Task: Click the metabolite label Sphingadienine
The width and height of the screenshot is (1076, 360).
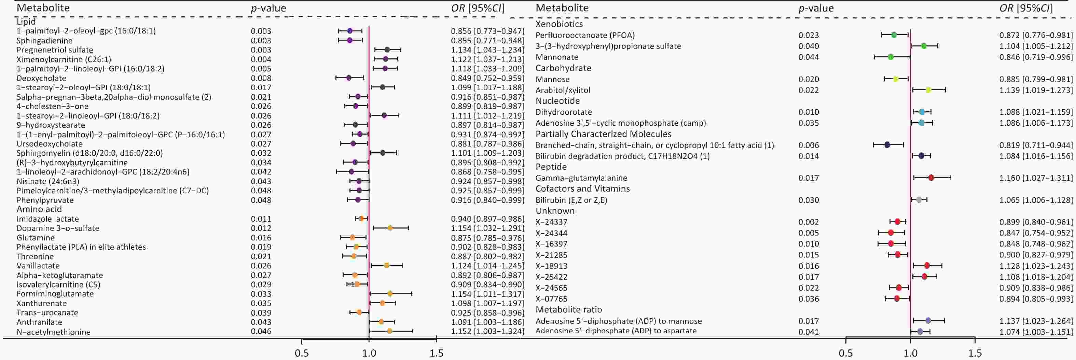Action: point(44,41)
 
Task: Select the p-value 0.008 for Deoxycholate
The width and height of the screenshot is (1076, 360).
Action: point(261,78)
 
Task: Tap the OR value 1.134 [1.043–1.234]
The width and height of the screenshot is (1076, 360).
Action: point(487,50)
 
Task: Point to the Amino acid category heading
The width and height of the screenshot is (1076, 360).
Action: point(39,209)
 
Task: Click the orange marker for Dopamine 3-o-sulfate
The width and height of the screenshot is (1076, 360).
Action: point(390,228)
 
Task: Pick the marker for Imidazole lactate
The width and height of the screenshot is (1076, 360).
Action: point(362,218)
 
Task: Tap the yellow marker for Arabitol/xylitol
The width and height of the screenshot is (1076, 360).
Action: point(928,90)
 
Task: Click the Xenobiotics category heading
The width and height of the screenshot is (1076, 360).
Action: point(559,24)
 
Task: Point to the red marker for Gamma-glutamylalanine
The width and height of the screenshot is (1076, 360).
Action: point(931,178)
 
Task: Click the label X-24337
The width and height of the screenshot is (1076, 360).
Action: point(551,222)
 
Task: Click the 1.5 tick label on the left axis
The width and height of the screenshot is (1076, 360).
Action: point(437,353)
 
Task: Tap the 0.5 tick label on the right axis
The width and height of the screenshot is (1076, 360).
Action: point(846,353)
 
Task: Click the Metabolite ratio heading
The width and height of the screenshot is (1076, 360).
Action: point(568,309)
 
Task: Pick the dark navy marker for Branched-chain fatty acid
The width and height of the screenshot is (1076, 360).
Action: point(887,145)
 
